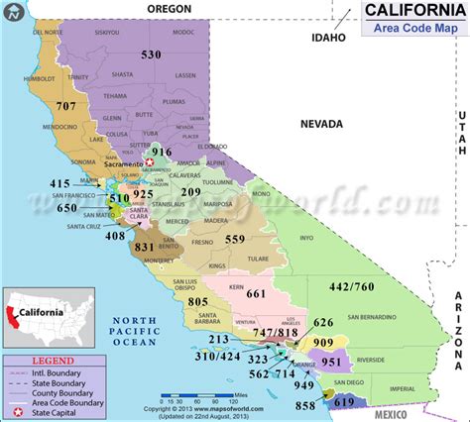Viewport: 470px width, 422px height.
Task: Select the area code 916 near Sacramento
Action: pos(176,151)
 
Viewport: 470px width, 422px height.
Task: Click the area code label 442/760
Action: pos(379,287)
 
